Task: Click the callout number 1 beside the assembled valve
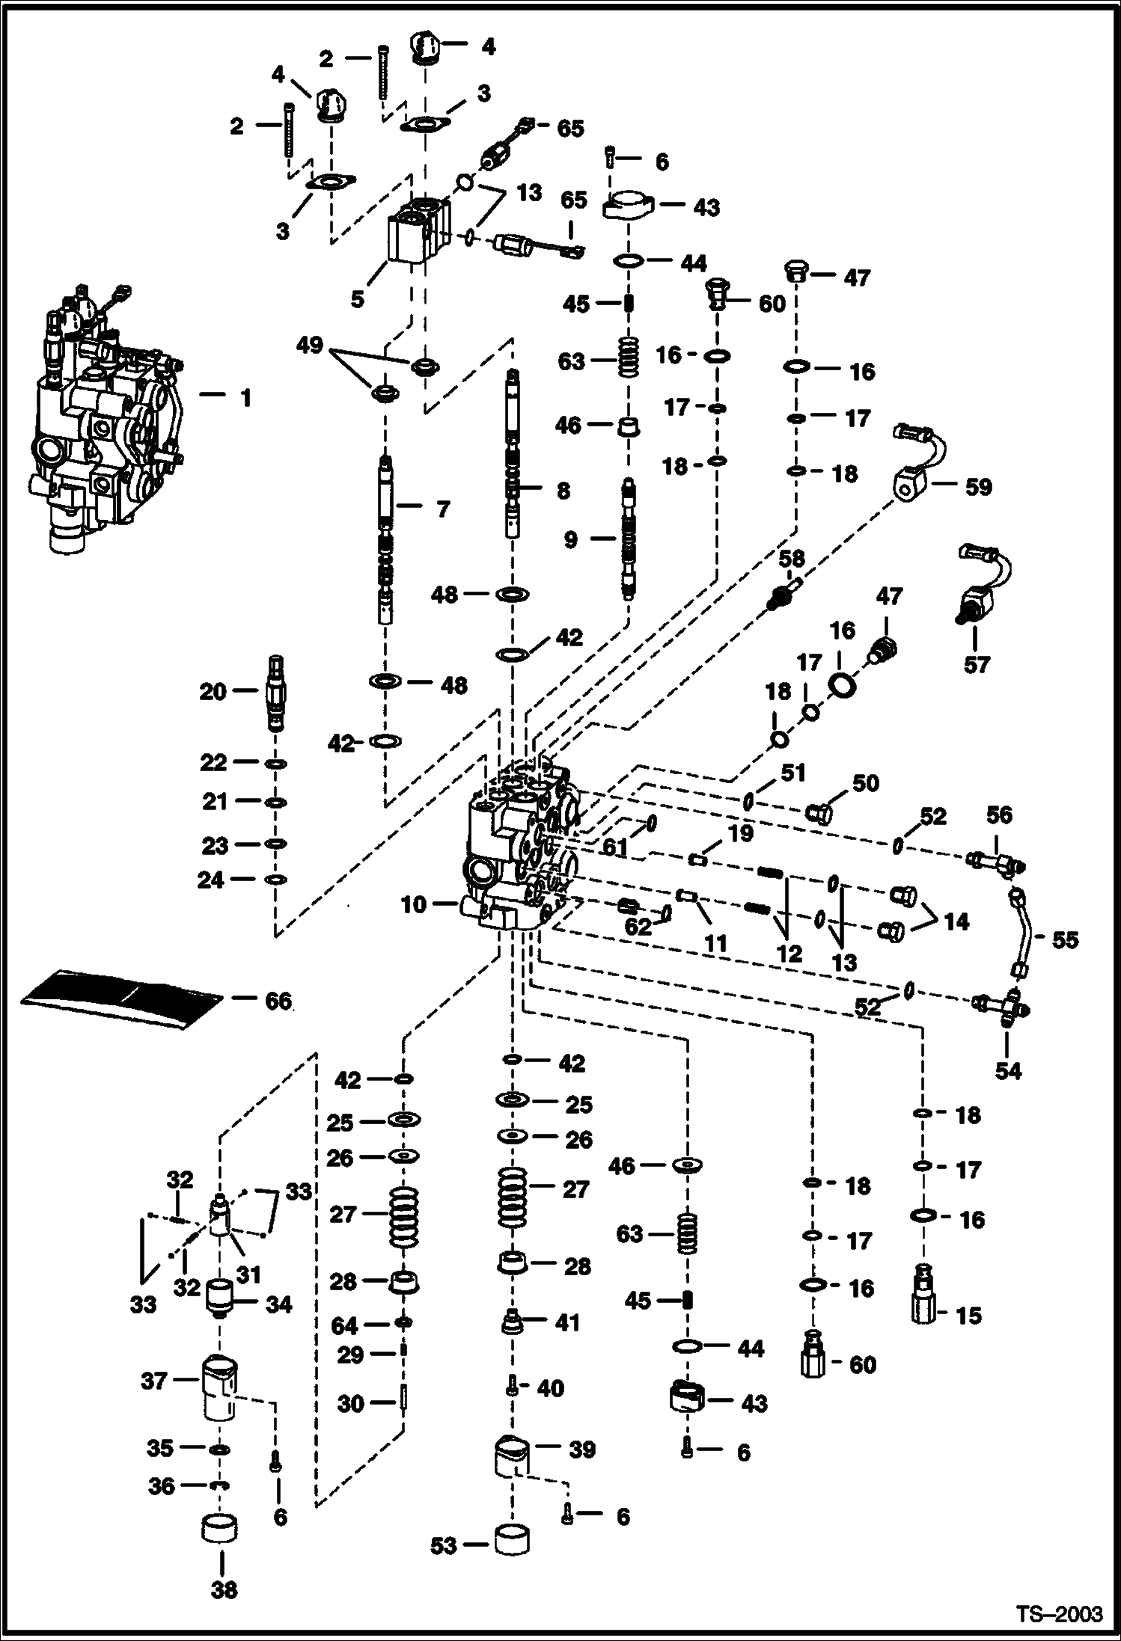click(245, 398)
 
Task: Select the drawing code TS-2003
click(1059, 1613)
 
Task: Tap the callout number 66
click(278, 1001)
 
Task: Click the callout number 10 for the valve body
click(413, 904)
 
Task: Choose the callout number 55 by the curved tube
click(1066, 939)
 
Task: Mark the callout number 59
click(978, 487)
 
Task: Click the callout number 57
click(977, 663)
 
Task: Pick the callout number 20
click(213, 691)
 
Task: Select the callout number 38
click(223, 1589)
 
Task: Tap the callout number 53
click(444, 1546)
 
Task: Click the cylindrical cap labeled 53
click(512, 1541)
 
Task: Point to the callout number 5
click(358, 299)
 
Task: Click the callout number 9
click(571, 539)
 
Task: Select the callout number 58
click(791, 559)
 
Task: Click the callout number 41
click(568, 1322)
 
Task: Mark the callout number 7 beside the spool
click(443, 509)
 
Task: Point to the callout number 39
click(582, 1449)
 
